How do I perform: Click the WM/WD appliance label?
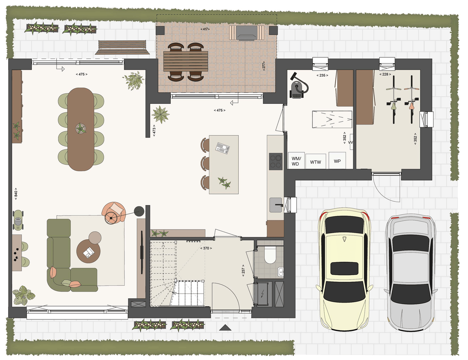tap(296, 161)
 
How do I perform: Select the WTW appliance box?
tap(316, 162)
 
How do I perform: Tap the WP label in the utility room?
tap(337, 161)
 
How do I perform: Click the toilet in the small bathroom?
tap(270, 255)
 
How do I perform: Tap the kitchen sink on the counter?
tap(276, 205)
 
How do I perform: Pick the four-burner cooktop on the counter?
tap(276, 161)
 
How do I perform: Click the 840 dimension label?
tap(16, 194)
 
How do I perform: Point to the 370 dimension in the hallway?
tap(206, 248)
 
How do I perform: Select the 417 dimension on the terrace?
tap(205, 29)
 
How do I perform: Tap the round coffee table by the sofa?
tap(88, 252)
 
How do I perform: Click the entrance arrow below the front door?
tap(225, 328)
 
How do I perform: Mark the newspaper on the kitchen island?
tap(223, 148)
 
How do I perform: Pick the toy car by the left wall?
tap(18, 220)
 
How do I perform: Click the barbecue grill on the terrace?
tap(247, 33)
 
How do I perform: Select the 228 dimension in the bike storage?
tap(385, 74)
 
